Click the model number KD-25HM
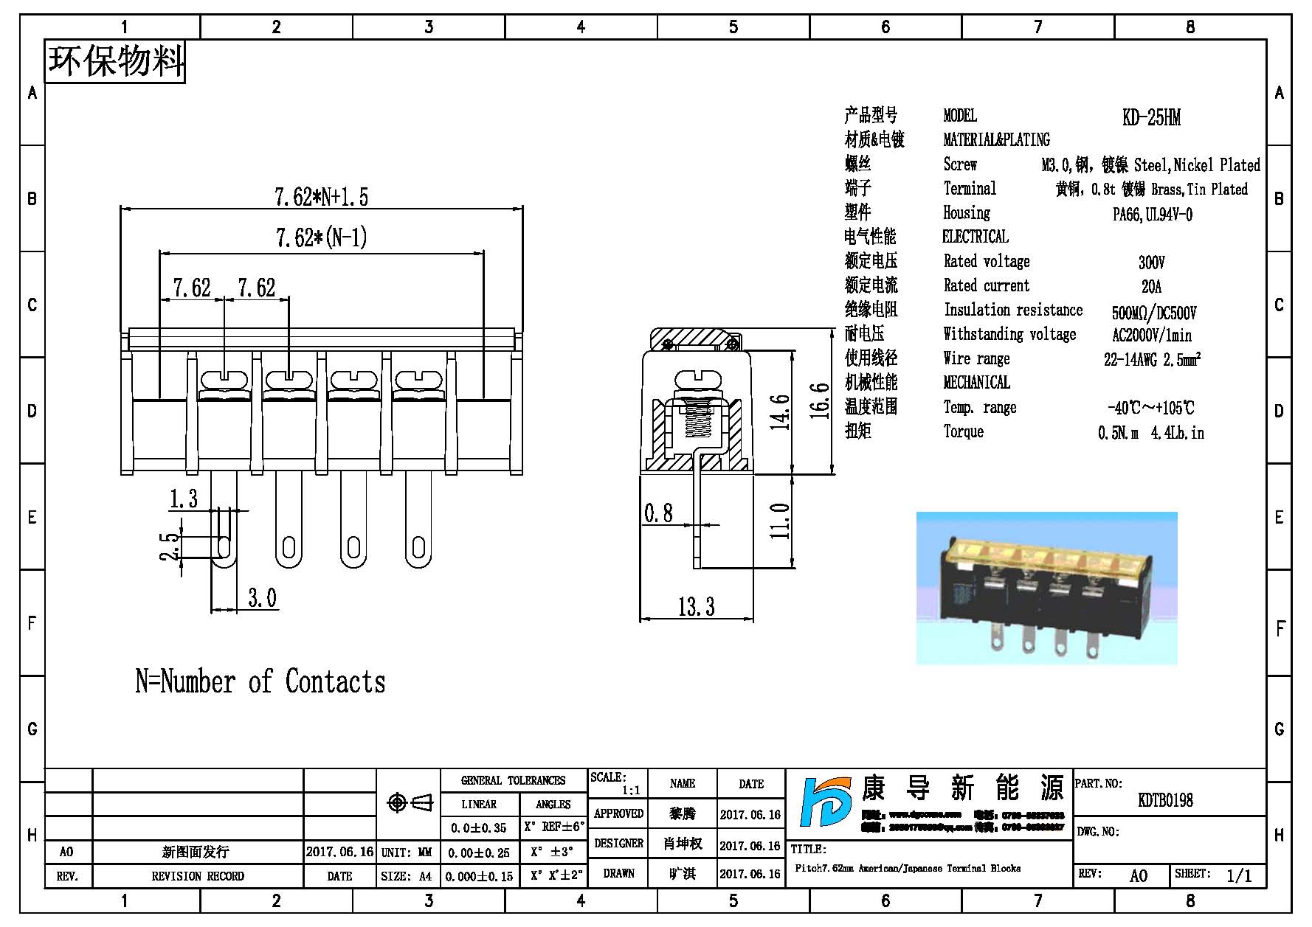[1150, 118]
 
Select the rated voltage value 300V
[1151, 263]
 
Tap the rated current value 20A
[1151, 286]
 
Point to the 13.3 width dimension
[696, 607]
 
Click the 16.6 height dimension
[819, 401]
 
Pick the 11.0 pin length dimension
[780, 521]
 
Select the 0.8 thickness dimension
[658, 513]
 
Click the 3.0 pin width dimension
[262, 597]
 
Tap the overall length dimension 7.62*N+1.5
[321, 197]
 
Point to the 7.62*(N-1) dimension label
[321, 237]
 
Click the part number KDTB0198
[1165, 800]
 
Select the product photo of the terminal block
[1046, 589]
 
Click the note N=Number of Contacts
[260, 682]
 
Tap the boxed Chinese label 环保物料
[115, 61]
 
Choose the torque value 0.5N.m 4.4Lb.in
[1150, 433]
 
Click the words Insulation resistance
[1012, 310]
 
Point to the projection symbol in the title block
[410, 802]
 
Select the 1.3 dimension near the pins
[184, 499]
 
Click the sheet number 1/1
[1239, 875]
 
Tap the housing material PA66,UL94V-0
[1152, 215]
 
